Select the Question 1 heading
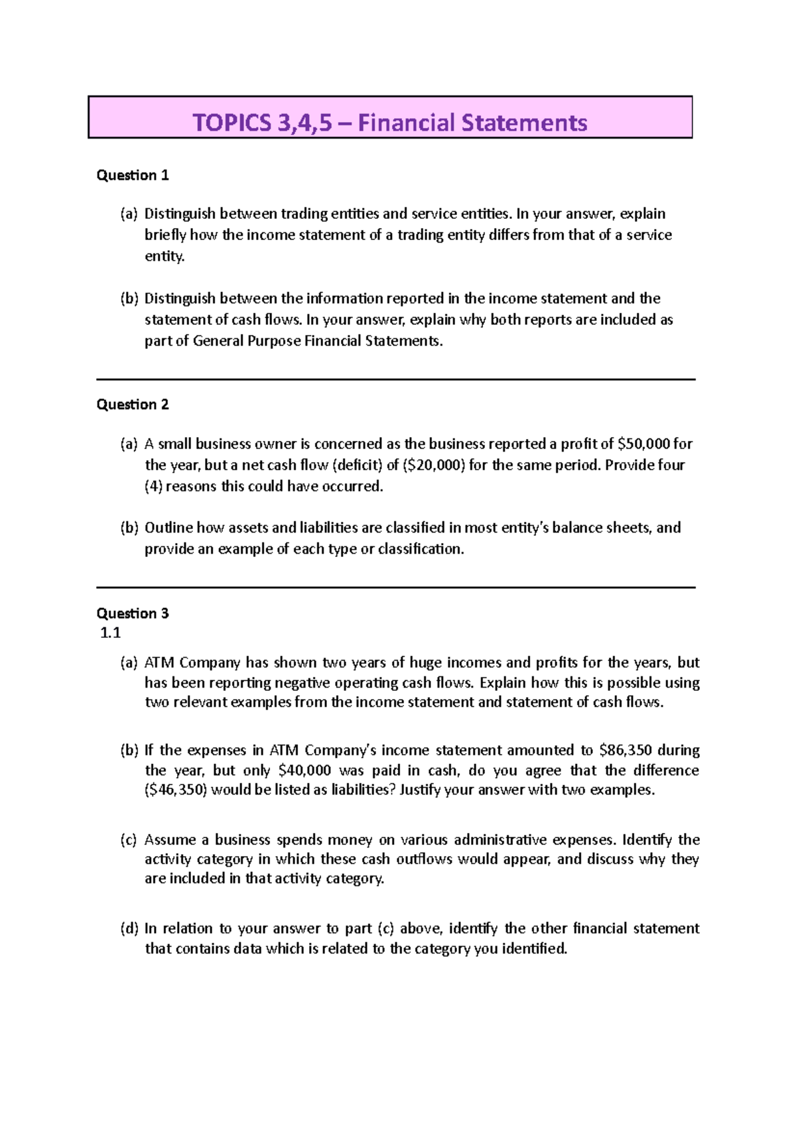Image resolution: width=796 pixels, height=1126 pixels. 133,175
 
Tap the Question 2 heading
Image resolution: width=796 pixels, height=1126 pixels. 133,405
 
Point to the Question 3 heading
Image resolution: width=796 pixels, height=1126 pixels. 133,613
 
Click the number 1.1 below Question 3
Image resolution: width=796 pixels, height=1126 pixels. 110,633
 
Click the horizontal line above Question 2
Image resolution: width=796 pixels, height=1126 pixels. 395,379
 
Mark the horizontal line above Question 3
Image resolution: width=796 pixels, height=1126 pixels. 395,588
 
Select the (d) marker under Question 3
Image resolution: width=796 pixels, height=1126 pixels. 129,928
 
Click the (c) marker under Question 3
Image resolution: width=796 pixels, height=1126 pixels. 129,840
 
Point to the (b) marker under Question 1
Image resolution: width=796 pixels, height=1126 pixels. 129,298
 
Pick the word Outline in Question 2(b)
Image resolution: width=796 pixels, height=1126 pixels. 168,528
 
